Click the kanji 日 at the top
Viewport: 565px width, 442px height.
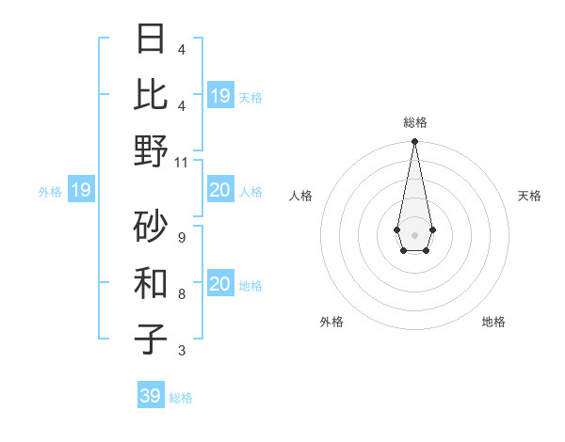click(x=151, y=40)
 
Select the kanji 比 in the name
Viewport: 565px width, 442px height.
click(x=151, y=94)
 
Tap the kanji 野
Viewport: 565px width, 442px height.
click(x=151, y=150)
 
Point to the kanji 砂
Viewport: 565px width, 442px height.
click(x=151, y=225)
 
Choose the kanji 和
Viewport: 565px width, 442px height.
click(x=151, y=282)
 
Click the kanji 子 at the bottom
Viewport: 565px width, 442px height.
click(x=151, y=339)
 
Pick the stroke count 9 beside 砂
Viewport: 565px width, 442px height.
click(x=181, y=237)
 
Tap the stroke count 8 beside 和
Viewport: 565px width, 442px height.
click(x=181, y=294)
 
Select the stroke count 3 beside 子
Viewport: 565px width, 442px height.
click(x=181, y=351)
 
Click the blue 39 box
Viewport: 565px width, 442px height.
click(x=150, y=396)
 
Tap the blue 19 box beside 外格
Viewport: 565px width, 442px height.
click(x=80, y=191)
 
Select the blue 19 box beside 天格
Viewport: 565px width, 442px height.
click(x=219, y=96)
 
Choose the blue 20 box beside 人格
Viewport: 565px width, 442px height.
click(x=219, y=191)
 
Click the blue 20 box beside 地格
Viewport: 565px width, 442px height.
click(x=219, y=284)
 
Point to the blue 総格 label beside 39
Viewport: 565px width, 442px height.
click(x=181, y=398)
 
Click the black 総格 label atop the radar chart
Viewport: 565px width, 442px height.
click(x=414, y=122)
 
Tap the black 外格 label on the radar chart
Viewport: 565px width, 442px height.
click(x=331, y=322)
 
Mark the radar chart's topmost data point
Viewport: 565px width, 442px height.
click(x=414, y=142)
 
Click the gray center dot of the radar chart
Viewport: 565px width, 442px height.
click(x=414, y=234)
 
